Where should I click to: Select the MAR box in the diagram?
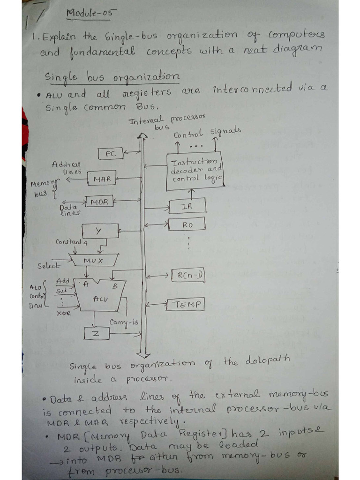102,179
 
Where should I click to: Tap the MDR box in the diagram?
99,202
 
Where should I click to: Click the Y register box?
99,231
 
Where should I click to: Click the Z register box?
97,333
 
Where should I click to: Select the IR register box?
187,206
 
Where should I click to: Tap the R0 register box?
187,225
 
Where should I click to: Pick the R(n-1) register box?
187,275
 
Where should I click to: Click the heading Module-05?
89,14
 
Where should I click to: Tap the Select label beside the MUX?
48,266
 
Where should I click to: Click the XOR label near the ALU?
63,313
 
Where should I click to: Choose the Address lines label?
67,168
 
